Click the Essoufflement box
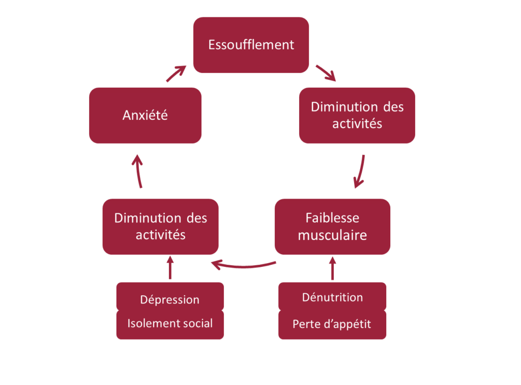pos(251,45)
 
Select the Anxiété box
pos(145,116)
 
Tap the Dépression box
pos(169,299)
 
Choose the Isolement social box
pos(169,323)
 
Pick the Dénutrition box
pos(332,297)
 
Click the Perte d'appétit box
pos(332,324)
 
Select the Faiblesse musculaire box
pos(332,227)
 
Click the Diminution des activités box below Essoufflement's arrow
pos(357,116)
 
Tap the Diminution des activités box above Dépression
pos(160,227)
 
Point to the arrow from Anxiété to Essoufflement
pos(176,74)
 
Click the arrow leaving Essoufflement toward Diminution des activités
pos(326,73)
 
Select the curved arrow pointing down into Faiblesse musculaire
pos(361,171)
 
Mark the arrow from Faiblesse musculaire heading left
pos(244,265)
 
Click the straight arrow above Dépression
pos(170,268)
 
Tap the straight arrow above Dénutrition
pos(333,268)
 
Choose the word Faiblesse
pos(332,218)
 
